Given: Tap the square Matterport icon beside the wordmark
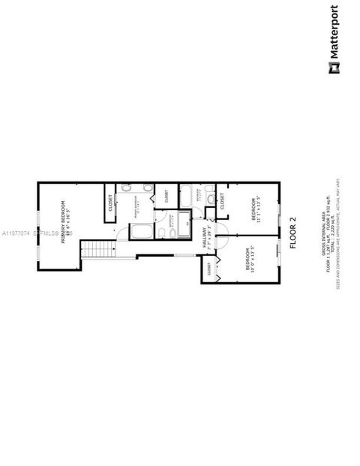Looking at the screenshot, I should tap(333, 69).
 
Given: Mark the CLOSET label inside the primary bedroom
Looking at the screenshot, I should tap(110, 203).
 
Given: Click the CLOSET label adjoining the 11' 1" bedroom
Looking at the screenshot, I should tap(223, 200).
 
